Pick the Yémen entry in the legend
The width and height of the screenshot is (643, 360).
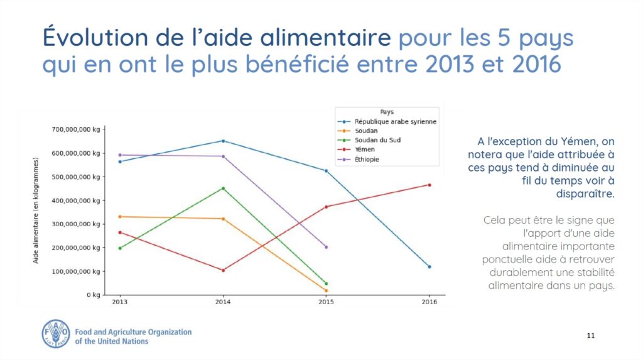(x=365, y=150)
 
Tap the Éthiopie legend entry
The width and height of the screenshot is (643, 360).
(x=367, y=160)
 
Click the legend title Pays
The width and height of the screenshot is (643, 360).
(x=387, y=111)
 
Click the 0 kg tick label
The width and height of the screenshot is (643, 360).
(x=92, y=295)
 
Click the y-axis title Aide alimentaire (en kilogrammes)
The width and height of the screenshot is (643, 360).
(x=36, y=210)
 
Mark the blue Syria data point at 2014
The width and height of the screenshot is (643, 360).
(x=223, y=141)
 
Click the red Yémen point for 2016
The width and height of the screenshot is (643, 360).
(x=429, y=185)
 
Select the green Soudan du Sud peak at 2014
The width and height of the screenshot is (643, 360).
(x=223, y=188)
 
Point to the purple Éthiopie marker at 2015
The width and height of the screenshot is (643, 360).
(x=326, y=247)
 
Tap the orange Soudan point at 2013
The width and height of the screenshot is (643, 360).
(x=120, y=217)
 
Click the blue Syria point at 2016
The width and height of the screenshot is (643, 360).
(x=429, y=266)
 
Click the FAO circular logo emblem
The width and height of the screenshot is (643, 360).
(x=55, y=332)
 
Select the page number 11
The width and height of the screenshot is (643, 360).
(x=590, y=335)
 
